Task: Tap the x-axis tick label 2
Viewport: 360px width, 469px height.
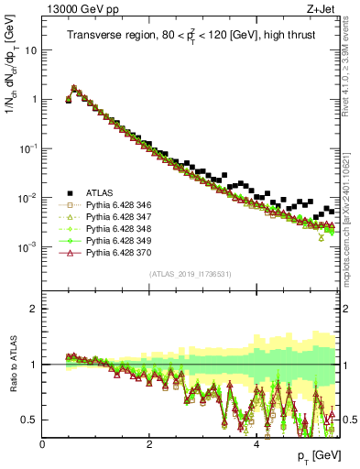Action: (x=149, y=444)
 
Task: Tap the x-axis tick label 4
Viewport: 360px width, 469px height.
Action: (x=256, y=444)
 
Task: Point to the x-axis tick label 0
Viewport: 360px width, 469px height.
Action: (x=43, y=444)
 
